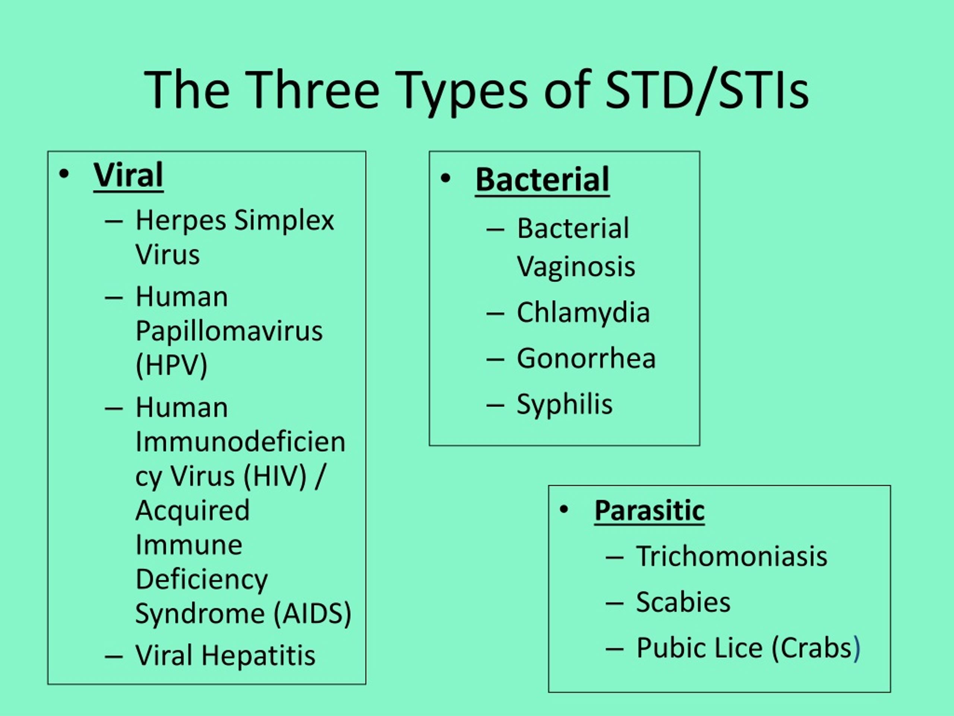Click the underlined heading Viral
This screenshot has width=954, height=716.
pos(128,175)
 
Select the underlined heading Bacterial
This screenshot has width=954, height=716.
pos(542,180)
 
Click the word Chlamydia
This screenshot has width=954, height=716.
pos(583,313)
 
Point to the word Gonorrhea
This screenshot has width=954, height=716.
pos(586,358)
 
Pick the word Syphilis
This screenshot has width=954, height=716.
pos(565,404)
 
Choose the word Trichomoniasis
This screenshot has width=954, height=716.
pos(732,556)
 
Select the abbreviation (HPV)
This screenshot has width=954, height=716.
pos(171,365)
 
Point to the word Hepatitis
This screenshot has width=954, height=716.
pos(258,656)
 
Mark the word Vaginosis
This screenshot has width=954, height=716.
pos(576,267)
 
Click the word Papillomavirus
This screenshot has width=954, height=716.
pos(228,332)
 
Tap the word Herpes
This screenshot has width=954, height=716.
pos(181,220)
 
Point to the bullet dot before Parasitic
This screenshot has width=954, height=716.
pos(564,510)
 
